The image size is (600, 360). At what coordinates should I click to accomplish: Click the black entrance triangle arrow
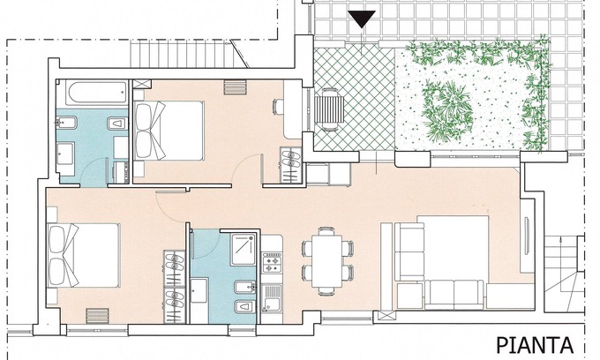tap(362, 19)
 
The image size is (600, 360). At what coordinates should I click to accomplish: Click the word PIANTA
tap(535, 346)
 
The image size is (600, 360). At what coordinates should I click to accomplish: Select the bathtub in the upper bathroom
tap(96, 92)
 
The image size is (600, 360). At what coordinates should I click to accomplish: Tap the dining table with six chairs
tap(327, 261)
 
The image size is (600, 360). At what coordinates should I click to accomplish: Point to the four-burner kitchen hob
tap(272, 262)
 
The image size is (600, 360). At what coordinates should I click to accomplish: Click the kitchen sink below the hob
tap(272, 298)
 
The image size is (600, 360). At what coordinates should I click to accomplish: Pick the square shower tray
tap(243, 249)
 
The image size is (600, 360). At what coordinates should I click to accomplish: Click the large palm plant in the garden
tap(447, 111)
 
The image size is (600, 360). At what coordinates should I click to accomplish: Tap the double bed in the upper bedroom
tap(169, 130)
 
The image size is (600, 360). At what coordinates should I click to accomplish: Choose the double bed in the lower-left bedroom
tap(83, 255)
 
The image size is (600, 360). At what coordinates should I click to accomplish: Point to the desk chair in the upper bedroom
tap(278, 107)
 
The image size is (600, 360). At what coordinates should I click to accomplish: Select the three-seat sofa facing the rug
tap(454, 294)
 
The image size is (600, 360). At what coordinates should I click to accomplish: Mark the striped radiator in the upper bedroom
tap(235, 86)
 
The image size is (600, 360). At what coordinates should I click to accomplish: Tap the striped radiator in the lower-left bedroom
tap(97, 316)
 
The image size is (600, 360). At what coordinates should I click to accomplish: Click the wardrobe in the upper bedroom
tap(291, 165)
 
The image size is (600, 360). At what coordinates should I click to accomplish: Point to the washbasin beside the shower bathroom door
tap(199, 290)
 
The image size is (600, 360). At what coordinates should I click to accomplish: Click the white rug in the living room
tap(453, 249)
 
